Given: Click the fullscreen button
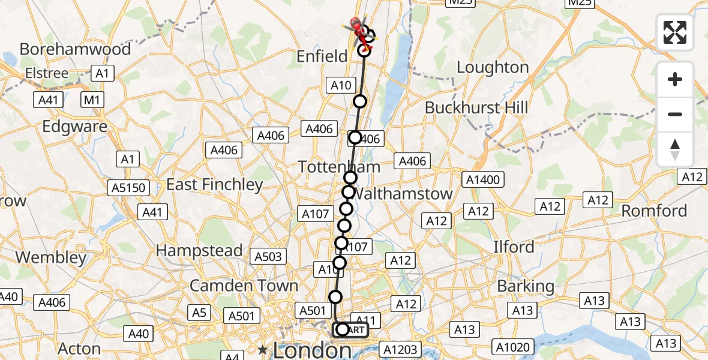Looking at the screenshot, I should tap(675, 32).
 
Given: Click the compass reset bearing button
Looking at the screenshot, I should tap(675, 149).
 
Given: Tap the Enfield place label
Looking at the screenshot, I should tap(322, 56).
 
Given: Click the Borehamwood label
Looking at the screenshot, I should tap(75, 49).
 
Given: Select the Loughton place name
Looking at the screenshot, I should tap(493, 67).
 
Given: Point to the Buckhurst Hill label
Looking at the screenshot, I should tap(476, 108).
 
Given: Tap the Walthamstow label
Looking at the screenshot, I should tap(403, 194).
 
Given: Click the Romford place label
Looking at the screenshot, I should tap(654, 211).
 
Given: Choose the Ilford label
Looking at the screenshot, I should tap(514, 247).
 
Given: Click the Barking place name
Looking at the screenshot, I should tap(526, 286).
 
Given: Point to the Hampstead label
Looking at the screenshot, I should tap(199, 250).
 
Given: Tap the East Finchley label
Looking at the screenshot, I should tap(214, 184).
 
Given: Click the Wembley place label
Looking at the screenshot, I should tap(51, 257).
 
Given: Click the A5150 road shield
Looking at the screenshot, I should tap(128, 188).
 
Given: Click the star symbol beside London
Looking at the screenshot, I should tap(262, 349).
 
